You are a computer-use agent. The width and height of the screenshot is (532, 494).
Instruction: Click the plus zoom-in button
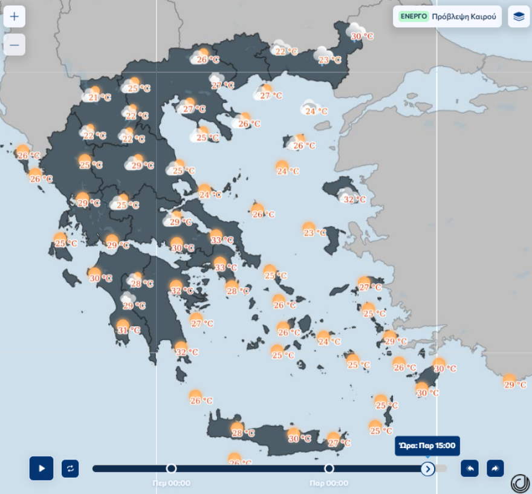(x=15, y=16)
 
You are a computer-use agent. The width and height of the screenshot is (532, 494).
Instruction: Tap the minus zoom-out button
(x=15, y=45)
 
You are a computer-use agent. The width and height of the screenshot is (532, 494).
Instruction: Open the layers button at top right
(x=519, y=16)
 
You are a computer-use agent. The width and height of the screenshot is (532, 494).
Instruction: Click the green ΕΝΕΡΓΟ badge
(x=414, y=16)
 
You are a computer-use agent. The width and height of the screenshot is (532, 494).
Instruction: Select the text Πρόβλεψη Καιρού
(x=464, y=16)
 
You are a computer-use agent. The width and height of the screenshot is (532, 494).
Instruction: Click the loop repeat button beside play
(x=70, y=468)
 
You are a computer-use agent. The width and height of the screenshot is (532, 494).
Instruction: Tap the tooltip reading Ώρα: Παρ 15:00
(x=427, y=447)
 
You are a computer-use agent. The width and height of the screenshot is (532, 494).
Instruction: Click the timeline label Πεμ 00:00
(x=171, y=483)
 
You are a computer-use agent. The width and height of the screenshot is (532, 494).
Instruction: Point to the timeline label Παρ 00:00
(x=329, y=483)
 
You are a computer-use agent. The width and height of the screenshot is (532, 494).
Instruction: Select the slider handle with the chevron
(x=428, y=468)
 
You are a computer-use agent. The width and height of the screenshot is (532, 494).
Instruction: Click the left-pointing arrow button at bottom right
(x=470, y=468)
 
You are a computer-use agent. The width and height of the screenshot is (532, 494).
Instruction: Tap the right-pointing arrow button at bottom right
(x=495, y=468)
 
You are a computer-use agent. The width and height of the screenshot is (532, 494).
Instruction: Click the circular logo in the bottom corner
(x=520, y=483)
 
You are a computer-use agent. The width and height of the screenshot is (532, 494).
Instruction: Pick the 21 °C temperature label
(x=100, y=97)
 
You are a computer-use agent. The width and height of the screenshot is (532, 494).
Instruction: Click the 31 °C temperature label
(x=129, y=330)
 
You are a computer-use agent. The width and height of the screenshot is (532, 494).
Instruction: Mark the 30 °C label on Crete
(x=300, y=438)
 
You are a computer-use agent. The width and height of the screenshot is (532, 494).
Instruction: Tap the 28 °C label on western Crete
(x=243, y=433)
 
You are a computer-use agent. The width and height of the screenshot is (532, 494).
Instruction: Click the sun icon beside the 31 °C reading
(x=123, y=325)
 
